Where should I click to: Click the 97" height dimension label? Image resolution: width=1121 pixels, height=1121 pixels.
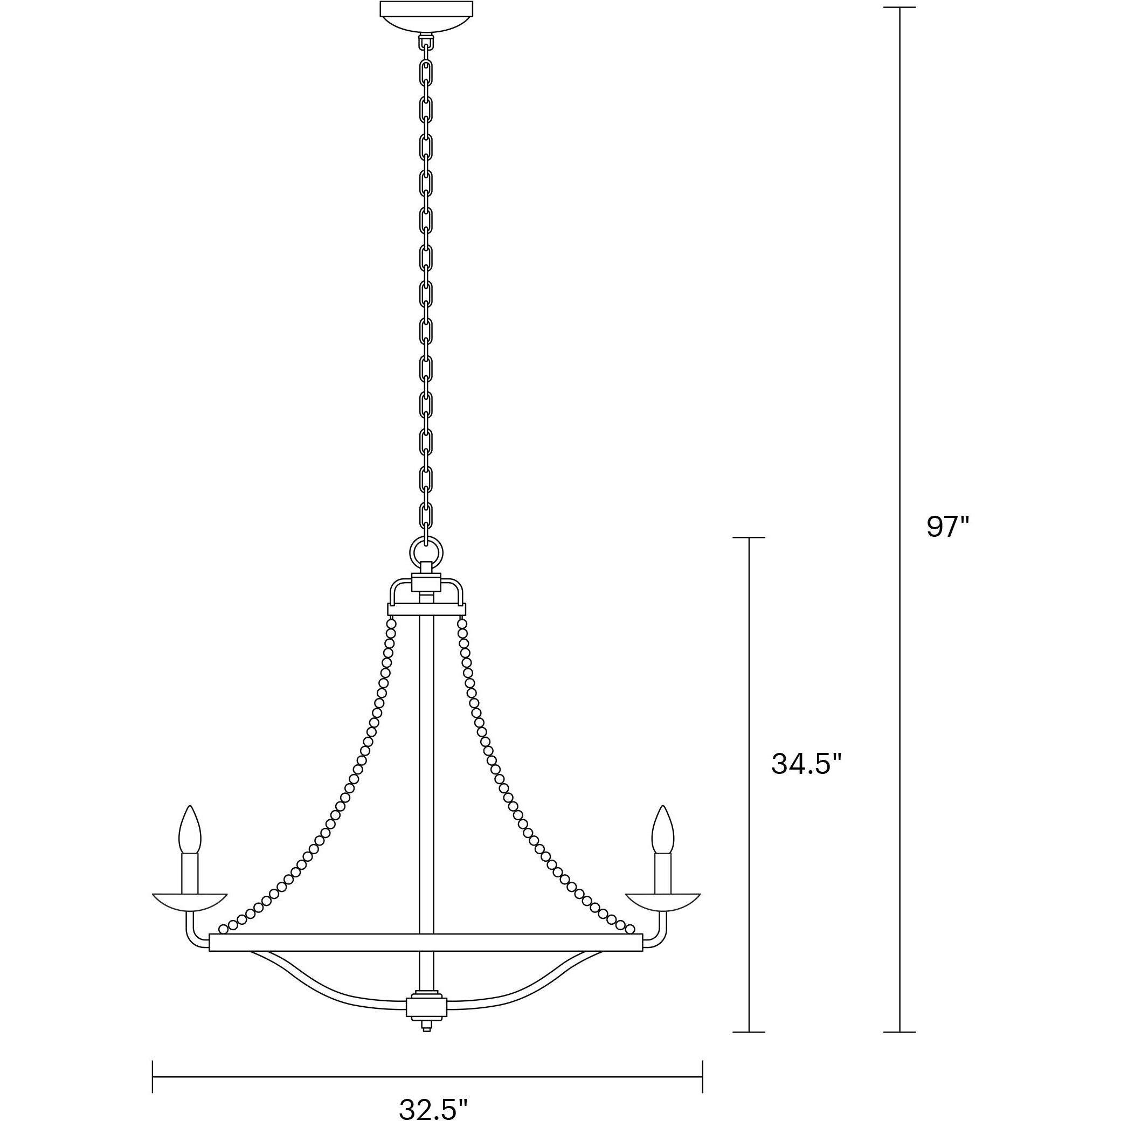pos(947,527)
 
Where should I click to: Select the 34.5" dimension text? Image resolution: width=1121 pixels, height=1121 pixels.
pos(805,764)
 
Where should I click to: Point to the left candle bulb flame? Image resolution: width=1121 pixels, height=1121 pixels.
pos(190,831)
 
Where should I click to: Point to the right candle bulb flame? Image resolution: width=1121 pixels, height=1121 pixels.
pos(662,831)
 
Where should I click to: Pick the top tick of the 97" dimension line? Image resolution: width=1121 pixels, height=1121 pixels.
pos(899,8)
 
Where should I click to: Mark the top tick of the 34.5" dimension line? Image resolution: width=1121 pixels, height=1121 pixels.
pos(749,537)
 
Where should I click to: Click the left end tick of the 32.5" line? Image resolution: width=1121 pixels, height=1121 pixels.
pos(153,1077)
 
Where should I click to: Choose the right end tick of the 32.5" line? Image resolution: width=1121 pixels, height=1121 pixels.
pos(703,1077)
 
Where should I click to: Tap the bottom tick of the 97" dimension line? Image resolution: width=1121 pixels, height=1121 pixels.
pos(899,1032)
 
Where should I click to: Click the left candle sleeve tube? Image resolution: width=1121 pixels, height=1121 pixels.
pos(190,873)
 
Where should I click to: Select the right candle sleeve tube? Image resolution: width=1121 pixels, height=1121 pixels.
pos(662,873)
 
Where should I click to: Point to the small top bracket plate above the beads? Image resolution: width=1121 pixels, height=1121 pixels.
pos(426,608)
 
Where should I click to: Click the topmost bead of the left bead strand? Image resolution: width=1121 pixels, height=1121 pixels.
pos(392,624)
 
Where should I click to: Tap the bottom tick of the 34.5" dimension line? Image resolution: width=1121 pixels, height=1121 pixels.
pos(749,1032)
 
